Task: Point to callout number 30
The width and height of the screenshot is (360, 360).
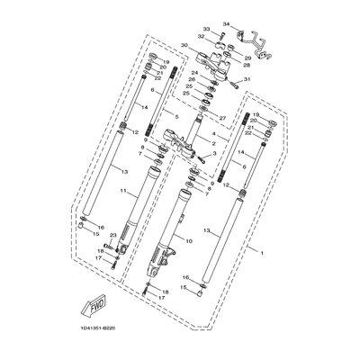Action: click(184, 46)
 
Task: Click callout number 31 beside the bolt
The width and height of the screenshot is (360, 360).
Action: click(248, 80)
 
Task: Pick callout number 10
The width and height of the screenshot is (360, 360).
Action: click(188, 240)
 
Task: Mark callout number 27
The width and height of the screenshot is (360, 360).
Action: click(221, 117)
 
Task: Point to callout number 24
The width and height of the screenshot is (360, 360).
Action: click(193, 73)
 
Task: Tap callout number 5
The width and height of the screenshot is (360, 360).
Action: click(176, 117)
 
